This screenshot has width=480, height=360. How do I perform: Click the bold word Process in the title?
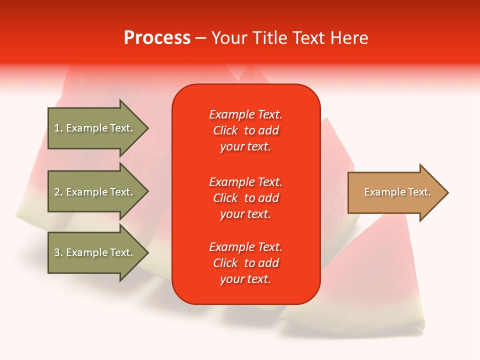click(157, 38)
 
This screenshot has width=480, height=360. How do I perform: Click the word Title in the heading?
click(269, 38)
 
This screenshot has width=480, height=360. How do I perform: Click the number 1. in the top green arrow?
click(58, 128)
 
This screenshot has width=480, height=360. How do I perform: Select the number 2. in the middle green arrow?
click(58, 192)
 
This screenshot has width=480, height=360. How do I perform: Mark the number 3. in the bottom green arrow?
click(58, 252)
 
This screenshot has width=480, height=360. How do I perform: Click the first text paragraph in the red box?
click(245, 130)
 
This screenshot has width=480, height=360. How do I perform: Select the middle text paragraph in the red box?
click(245, 198)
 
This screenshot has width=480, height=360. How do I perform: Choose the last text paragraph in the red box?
click(245, 263)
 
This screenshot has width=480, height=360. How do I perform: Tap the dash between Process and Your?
click(201, 38)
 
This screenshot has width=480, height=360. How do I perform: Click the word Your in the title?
click(230, 38)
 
